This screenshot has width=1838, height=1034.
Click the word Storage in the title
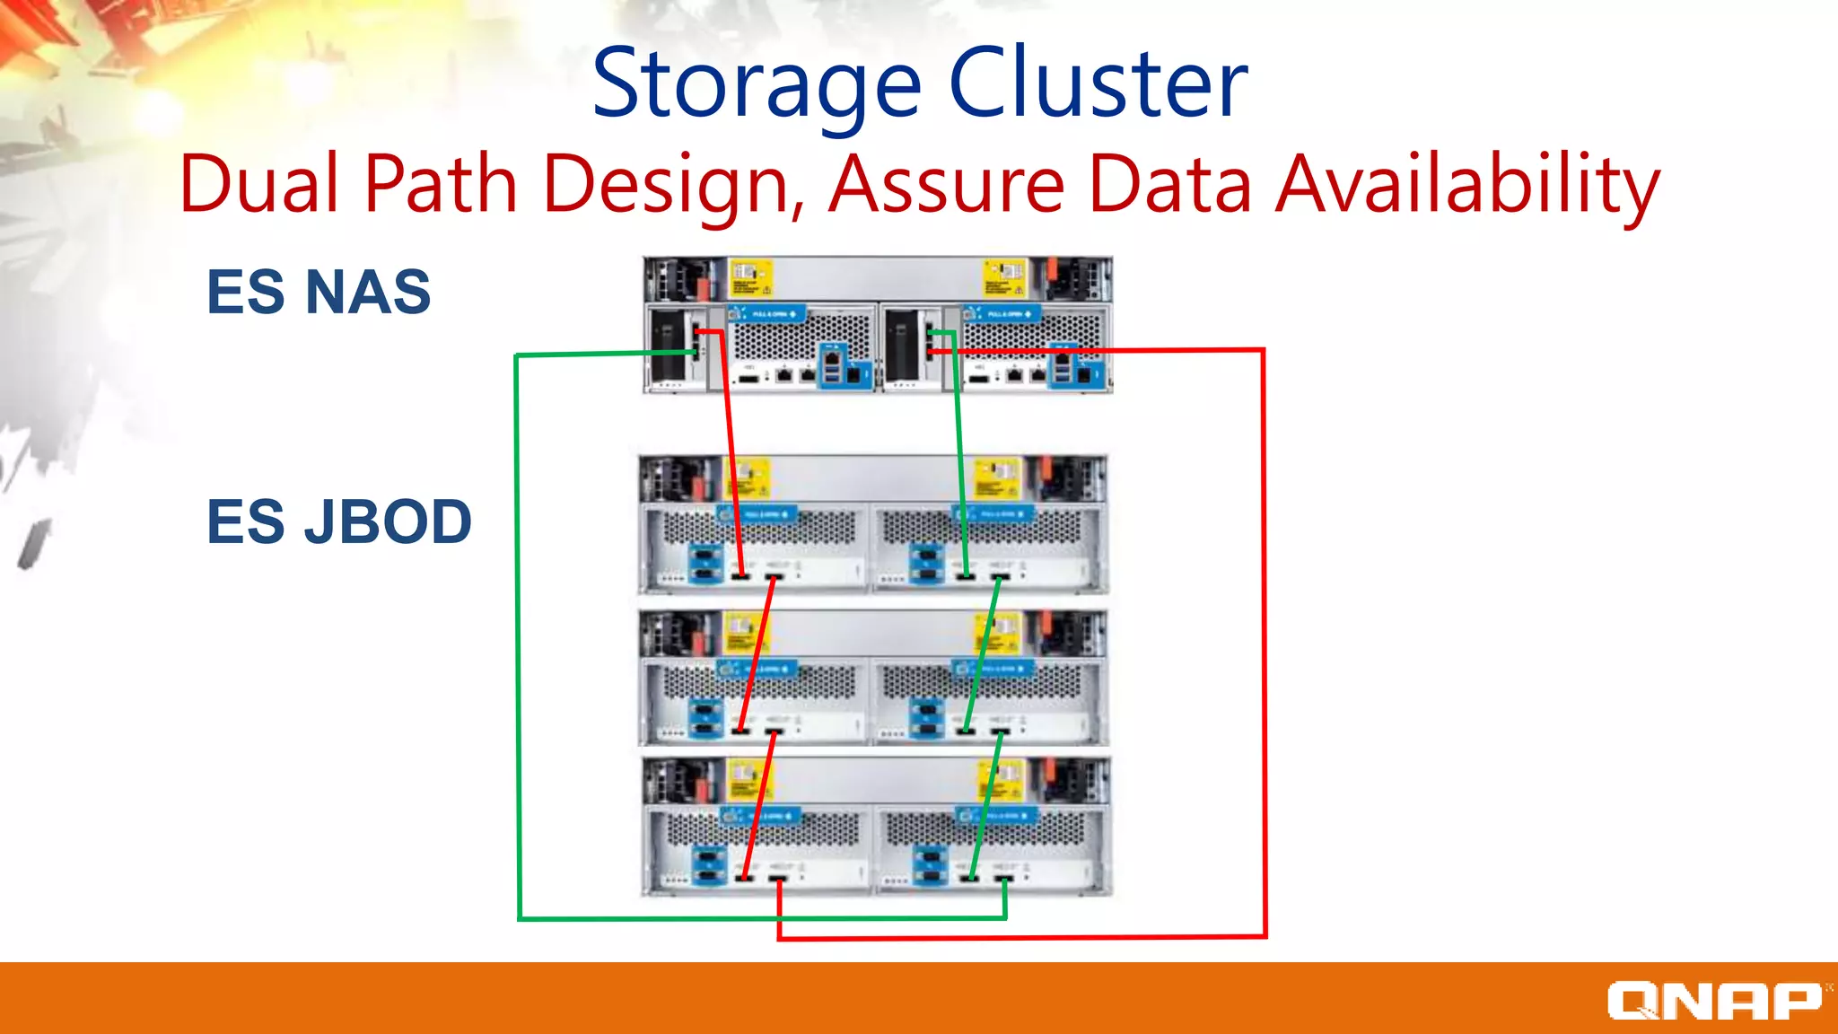click(x=757, y=84)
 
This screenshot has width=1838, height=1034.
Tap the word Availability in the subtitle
click(x=1467, y=186)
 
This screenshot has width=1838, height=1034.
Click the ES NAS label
click(x=319, y=292)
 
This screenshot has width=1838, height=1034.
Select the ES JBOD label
click(x=339, y=521)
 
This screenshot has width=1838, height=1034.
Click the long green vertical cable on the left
click(x=518, y=628)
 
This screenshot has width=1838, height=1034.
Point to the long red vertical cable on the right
click(x=1264, y=628)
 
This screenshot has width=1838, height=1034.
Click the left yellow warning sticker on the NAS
click(x=751, y=278)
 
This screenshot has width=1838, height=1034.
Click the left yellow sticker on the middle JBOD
click(x=742, y=631)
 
